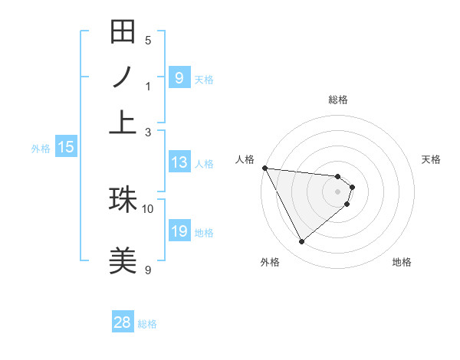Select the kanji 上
coord(123,122)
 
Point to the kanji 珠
coord(123,200)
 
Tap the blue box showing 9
coord(179,77)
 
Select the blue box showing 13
coord(179,162)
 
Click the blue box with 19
coord(179,231)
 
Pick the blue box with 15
coord(66,147)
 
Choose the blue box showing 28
coord(123,322)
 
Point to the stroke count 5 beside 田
coord(148,40)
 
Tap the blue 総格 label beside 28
coord(147,324)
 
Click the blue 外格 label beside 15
coord(41,149)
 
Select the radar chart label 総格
coord(338,100)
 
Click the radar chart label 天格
coord(432,159)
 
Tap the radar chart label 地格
coord(402,263)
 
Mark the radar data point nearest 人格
coord(264,168)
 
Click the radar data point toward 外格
coord(301,241)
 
